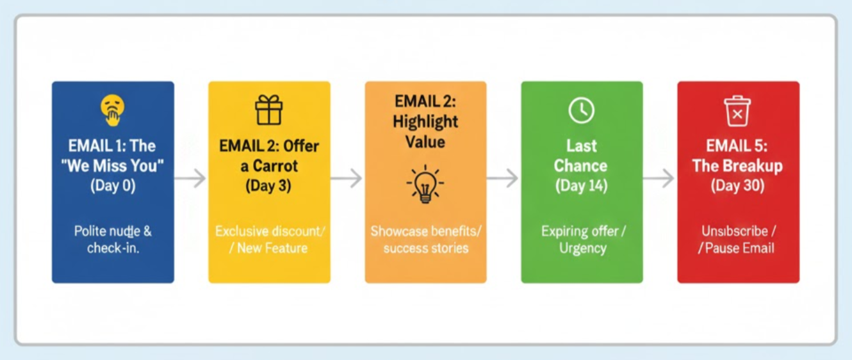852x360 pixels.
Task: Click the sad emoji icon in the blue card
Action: [x=112, y=110]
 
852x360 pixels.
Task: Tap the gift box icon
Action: [x=269, y=110]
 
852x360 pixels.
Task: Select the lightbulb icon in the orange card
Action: [x=425, y=184]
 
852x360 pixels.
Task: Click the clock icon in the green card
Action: [x=581, y=111]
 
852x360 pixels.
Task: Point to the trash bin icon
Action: [x=737, y=111]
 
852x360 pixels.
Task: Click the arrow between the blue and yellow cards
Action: [x=190, y=179]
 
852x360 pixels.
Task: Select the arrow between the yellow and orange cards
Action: [x=347, y=179]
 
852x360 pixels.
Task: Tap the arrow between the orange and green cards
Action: [x=503, y=179]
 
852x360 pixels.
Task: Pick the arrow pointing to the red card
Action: [x=659, y=179]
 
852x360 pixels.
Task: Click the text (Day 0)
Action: [x=112, y=186]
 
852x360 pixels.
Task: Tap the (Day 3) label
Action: [x=269, y=186]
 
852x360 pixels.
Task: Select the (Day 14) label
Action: [x=581, y=186]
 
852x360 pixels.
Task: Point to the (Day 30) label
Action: [x=737, y=186]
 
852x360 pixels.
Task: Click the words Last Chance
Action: [x=581, y=156]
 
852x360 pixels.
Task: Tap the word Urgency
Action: [x=582, y=248]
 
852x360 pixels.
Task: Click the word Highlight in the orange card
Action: [x=425, y=122]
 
